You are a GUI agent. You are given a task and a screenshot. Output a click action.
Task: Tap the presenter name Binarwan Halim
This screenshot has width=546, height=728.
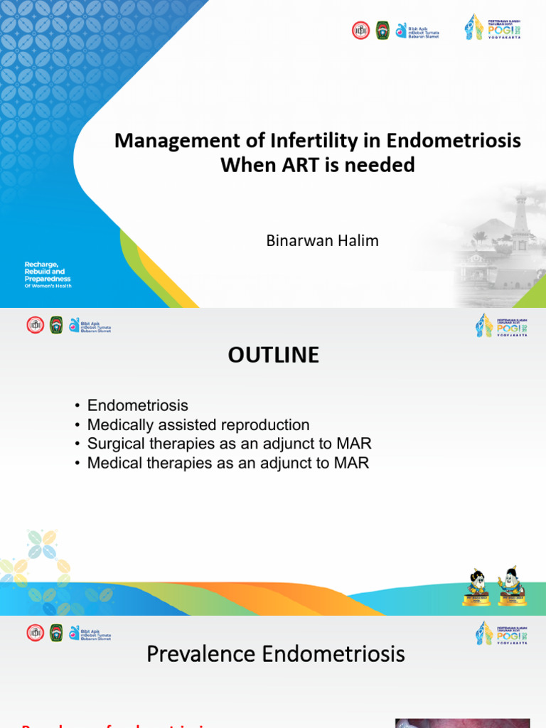coord(322,240)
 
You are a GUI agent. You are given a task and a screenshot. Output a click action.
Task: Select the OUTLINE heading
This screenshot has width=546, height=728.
coord(273,355)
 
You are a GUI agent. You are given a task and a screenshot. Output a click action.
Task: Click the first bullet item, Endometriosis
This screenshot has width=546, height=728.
coord(137,406)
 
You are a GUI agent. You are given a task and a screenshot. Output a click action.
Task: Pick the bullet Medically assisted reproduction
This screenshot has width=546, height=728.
coord(198,425)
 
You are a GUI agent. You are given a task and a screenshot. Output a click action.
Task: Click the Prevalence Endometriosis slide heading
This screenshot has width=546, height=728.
coord(276,653)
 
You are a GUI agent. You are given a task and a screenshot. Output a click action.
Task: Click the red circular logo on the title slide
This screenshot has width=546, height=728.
coord(361,30)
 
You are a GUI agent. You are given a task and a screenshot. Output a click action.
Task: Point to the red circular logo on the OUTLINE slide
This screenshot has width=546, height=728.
coord(36,326)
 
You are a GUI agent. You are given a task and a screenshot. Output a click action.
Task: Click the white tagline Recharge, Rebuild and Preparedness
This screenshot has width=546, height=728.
coord(48,274)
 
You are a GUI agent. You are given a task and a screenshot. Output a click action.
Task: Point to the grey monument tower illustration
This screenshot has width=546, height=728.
coord(521,220)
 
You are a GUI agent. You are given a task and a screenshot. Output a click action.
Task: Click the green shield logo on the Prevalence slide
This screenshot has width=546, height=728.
coord(56,633)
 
